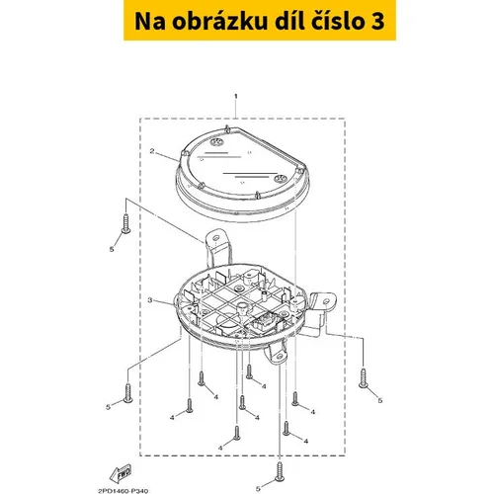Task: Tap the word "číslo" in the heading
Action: coord(335,21)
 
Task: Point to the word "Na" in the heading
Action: coord(150,22)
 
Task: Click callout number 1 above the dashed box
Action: coord(235,96)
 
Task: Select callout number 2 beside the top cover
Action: coord(152,151)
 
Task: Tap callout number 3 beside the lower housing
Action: coord(150,300)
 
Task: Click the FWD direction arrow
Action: coord(121,473)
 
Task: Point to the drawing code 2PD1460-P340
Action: coord(123,491)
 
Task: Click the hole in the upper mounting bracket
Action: coord(216,238)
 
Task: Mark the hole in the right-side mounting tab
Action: coord(326,301)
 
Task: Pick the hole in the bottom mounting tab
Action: coord(279,357)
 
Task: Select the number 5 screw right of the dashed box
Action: coord(363,378)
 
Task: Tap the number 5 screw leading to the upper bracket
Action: coord(125,223)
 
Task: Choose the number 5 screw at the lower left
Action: coord(127,393)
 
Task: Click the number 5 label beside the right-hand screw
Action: coord(380,401)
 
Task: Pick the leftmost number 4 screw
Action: coord(190,406)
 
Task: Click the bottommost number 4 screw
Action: coord(237,433)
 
